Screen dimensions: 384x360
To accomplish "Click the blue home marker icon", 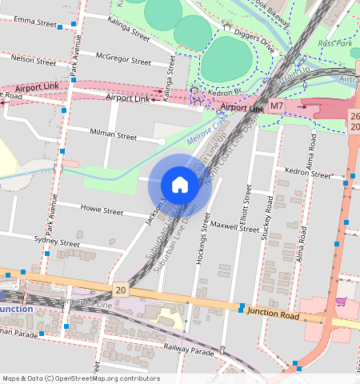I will pyautogui.click(x=180, y=185).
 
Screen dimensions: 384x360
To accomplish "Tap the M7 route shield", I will pyautogui.click(x=277, y=106).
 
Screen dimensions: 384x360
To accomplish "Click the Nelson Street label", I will pyautogui.click(x=34, y=59).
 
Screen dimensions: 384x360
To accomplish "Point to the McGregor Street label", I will pyautogui.click(x=122, y=60).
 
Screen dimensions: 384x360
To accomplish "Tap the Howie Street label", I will pyautogui.click(x=102, y=210).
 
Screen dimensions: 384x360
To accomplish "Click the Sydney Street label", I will pyautogui.click(x=57, y=242).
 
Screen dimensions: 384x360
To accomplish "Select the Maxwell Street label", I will pyautogui.click(x=236, y=227).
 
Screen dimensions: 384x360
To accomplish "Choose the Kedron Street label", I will pyautogui.click(x=310, y=174).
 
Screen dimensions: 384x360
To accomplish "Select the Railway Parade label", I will pyautogui.click(x=190, y=350).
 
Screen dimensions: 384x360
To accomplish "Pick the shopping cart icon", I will pyautogui.click(x=341, y=302).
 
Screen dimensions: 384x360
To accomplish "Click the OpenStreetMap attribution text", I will pyautogui.click(x=81, y=378).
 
